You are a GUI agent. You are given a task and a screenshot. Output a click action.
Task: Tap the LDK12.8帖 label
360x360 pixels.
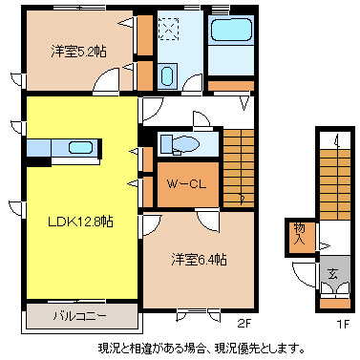[x=81, y=221]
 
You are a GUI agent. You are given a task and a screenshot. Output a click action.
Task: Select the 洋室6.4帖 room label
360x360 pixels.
[x=199, y=259]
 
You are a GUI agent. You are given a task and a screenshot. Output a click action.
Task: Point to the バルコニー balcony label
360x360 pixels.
[x=80, y=314]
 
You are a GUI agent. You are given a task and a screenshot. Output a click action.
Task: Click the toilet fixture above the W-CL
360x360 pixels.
[x=179, y=144]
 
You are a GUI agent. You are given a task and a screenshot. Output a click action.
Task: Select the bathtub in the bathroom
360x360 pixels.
[x=229, y=34]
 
